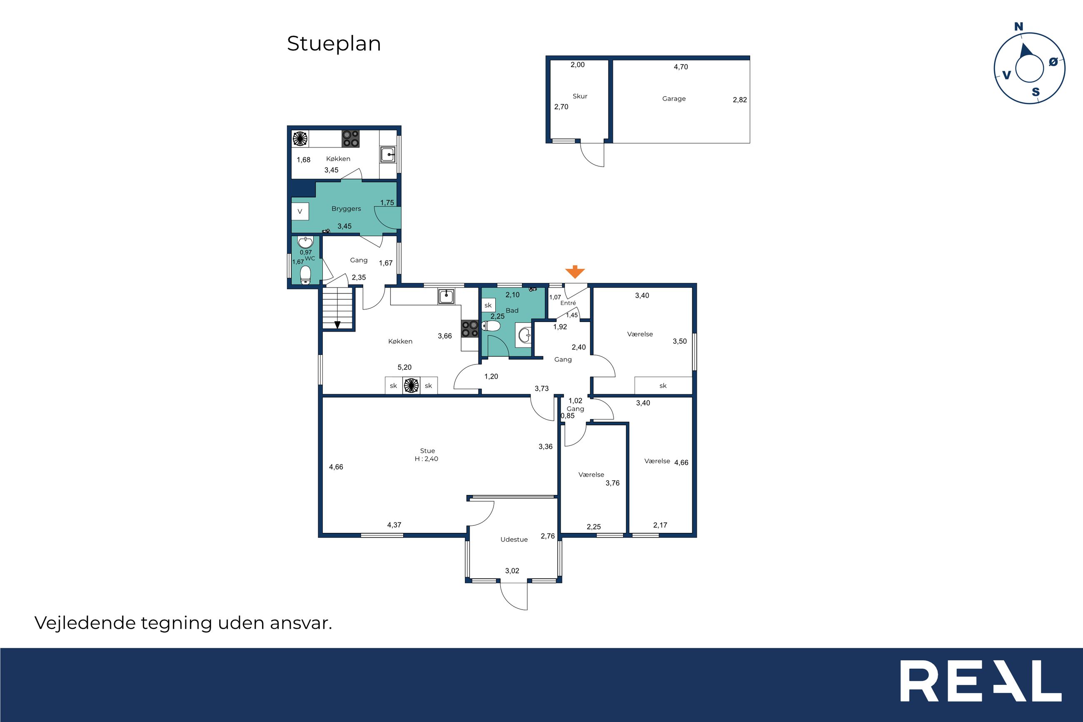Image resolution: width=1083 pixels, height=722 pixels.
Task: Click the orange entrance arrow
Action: coord(574,272)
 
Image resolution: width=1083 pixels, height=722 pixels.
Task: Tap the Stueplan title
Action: coord(334,44)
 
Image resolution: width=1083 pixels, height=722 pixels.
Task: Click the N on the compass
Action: coord(1018,27)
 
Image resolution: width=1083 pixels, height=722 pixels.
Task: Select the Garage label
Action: coord(674,99)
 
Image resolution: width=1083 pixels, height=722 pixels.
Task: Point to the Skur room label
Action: coord(580,96)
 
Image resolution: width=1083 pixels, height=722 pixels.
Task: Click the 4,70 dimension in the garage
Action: coord(681,67)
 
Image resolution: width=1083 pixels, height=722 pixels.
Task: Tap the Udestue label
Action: coord(514,539)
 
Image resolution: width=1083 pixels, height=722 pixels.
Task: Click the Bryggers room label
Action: coord(346,209)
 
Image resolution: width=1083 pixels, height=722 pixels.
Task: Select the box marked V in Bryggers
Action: coord(299,211)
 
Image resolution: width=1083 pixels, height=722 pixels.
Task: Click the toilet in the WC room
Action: coord(306,275)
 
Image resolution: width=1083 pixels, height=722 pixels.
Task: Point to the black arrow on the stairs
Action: coord(337,324)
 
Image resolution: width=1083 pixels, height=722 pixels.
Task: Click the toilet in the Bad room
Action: coord(491,326)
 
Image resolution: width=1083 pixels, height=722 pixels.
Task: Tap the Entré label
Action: coord(568,303)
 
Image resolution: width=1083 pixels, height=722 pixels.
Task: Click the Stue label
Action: coord(427,451)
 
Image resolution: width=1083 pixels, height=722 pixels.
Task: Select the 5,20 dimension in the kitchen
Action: coord(404,367)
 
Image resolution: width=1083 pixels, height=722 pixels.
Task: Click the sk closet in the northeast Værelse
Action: coord(663,386)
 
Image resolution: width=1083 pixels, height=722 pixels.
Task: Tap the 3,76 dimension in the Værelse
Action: coord(613,483)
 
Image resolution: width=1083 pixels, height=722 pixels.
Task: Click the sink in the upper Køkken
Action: coord(388,155)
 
